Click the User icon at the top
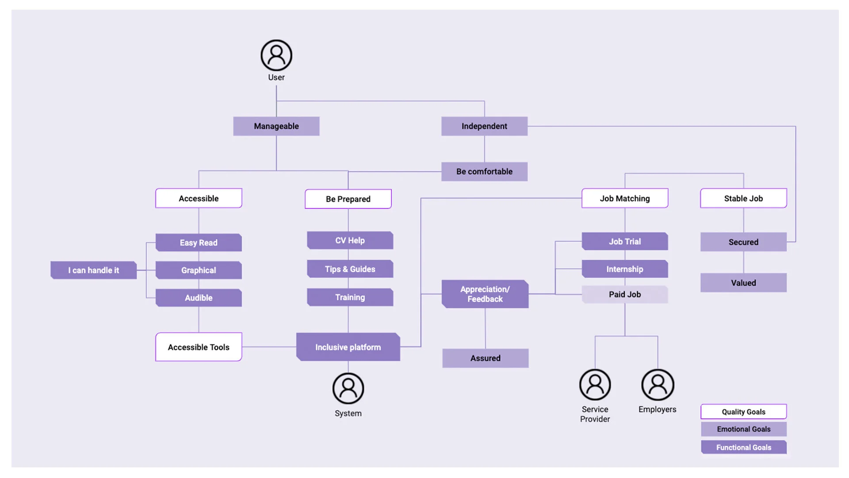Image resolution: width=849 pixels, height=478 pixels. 276,55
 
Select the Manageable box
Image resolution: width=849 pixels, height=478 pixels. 276,126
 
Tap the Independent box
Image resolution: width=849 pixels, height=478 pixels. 484,126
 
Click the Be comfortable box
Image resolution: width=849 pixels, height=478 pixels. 484,171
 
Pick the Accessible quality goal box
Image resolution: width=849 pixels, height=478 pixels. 199,198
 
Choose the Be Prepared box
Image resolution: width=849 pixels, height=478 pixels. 348,199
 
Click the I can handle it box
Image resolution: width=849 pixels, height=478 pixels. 93,270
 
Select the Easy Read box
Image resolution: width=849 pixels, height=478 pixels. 199,243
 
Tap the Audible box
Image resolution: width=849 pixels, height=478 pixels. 199,298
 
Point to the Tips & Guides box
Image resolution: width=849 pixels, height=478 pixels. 350,269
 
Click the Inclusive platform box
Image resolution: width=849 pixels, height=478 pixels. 348,347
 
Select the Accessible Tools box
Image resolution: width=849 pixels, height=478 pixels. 199,347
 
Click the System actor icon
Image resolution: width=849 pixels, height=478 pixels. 348,388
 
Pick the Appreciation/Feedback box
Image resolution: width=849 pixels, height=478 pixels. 485,294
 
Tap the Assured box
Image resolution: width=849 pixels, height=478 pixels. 485,358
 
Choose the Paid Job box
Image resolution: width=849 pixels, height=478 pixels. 624,294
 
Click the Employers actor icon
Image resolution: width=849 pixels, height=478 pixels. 658,385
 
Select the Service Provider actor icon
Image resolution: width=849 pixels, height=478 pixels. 595,385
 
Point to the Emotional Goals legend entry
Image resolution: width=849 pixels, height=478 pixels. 743,429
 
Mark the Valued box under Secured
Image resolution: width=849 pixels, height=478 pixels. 743,283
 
